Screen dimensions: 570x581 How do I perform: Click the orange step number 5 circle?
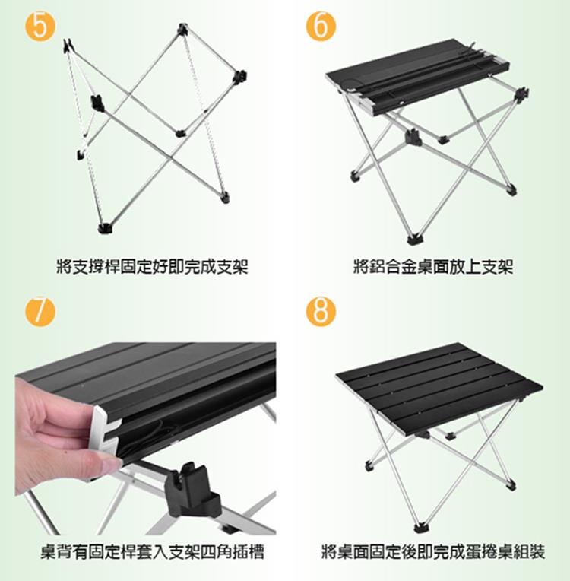tap(40, 26)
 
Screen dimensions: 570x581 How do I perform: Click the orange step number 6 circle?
tap(321, 26)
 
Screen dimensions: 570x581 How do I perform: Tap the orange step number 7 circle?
tap(40, 312)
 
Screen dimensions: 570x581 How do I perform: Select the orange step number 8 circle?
tap(321, 312)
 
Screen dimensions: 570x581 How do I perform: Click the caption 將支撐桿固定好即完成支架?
tap(152, 266)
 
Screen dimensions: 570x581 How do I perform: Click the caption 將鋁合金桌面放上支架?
tap(433, 266)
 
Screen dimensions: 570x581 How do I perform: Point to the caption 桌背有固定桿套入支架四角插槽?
tap(152, 552)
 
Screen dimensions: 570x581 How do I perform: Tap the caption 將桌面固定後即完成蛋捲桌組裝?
tap(433, 552)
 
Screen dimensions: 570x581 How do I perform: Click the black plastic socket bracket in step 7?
tap(193, 489)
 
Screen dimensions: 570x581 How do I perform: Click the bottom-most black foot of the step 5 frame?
tap(106, 228)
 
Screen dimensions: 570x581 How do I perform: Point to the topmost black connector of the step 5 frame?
tap(182, 29)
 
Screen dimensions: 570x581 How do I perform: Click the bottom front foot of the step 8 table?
tap(420, 527)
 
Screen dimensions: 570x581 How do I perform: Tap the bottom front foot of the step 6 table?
tap(414, 239)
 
